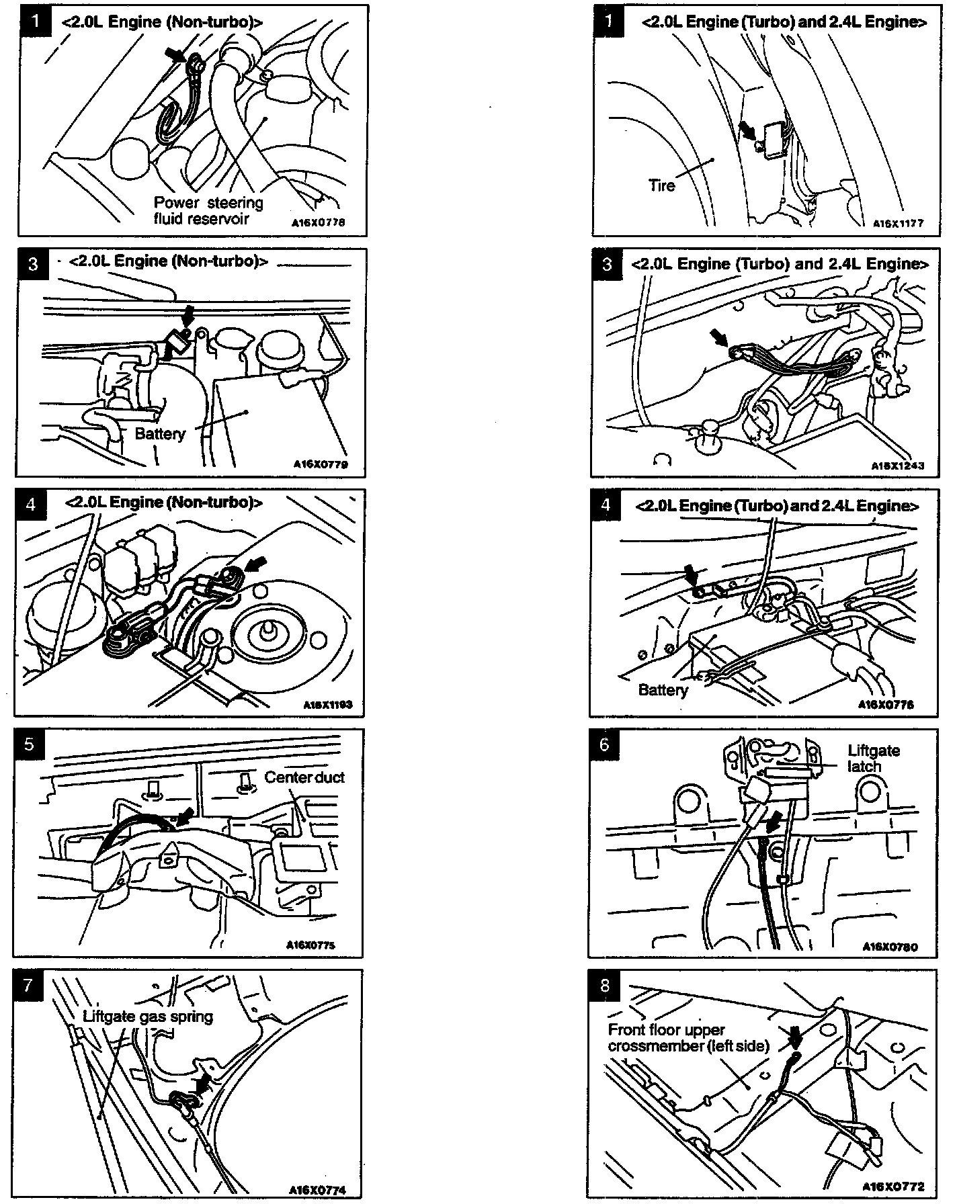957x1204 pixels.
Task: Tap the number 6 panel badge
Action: pos(604,744)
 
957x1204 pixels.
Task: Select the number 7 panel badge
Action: pos(28,985)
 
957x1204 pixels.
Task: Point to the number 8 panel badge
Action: pos(604,985)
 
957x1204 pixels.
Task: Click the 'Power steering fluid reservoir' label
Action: pos(208,210)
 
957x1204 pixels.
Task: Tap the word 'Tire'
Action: pos(662,185)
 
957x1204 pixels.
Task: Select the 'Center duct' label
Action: pos(304,777)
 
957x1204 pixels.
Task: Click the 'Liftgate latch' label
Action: pos(873,759)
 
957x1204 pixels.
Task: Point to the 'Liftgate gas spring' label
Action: pos(148,1016)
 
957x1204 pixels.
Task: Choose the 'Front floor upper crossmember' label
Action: pos(688,1038)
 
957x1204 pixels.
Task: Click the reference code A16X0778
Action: pos(319,223)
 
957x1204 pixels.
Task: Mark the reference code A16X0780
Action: pos(890,947)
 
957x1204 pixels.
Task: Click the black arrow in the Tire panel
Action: pos(747,130)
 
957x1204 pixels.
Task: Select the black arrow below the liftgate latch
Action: pos(774,821)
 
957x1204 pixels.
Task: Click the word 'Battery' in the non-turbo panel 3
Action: pos(160,434)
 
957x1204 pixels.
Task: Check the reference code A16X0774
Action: pos(318,1190)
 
